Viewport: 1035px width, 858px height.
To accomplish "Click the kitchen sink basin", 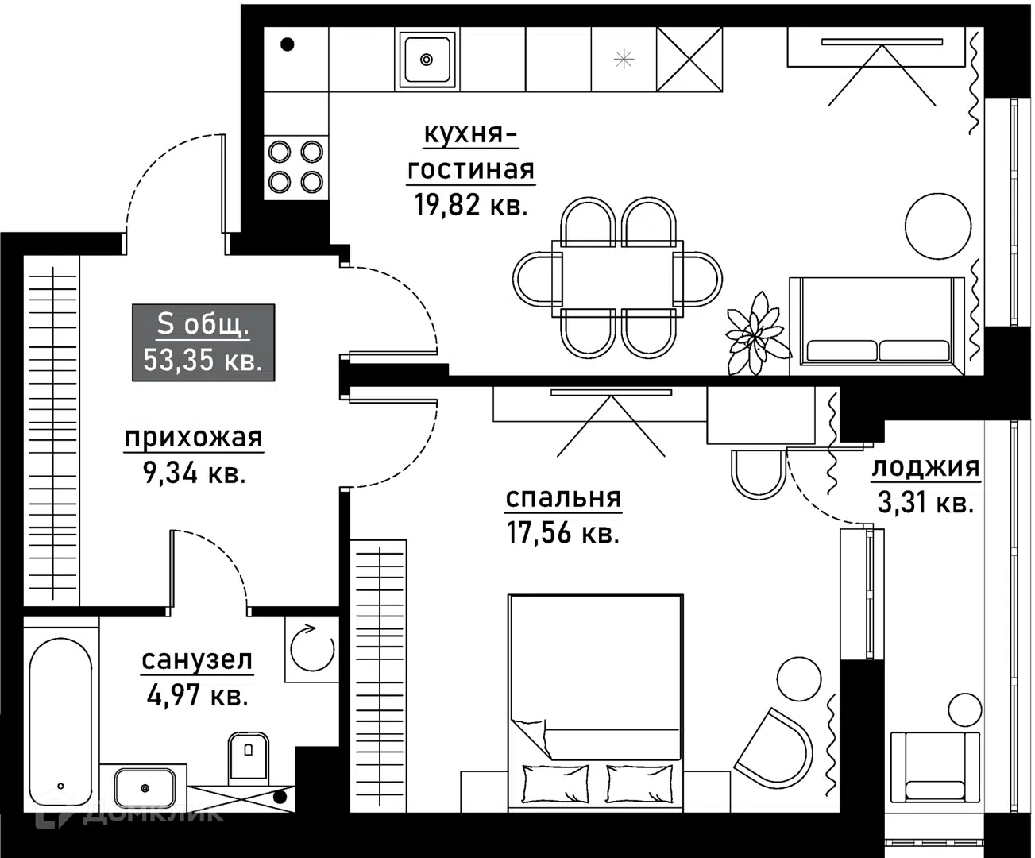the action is [x=427, y=60].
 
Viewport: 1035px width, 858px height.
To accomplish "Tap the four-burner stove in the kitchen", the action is [x=296, y=167].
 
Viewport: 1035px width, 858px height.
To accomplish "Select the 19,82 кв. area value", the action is [x=470, y=205].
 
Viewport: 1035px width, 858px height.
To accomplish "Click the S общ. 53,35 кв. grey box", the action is [x=203, y=342].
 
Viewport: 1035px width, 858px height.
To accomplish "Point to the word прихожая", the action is [x=193, y=439].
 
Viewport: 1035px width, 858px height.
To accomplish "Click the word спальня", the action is [x=563, y=497].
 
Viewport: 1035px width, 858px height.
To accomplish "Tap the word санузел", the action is [x=197, y=660].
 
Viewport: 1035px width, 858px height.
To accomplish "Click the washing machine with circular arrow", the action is [x=312, y=649].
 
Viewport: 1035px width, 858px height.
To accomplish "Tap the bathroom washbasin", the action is [x=145, y=788].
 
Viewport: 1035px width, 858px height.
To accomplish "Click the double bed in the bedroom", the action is [x=595, y=703].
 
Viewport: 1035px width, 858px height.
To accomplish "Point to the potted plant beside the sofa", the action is [x=755, y=334].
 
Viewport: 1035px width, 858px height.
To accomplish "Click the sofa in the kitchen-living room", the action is [x=876, y=327].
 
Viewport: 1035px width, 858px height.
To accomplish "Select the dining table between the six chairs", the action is [x=618, y=279].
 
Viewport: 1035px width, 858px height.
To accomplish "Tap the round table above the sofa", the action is [x=938, y=226].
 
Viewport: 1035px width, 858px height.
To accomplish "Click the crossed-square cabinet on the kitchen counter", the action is [x=689, y=60].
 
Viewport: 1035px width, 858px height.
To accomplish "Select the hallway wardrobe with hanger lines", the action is [x=52, y=431].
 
